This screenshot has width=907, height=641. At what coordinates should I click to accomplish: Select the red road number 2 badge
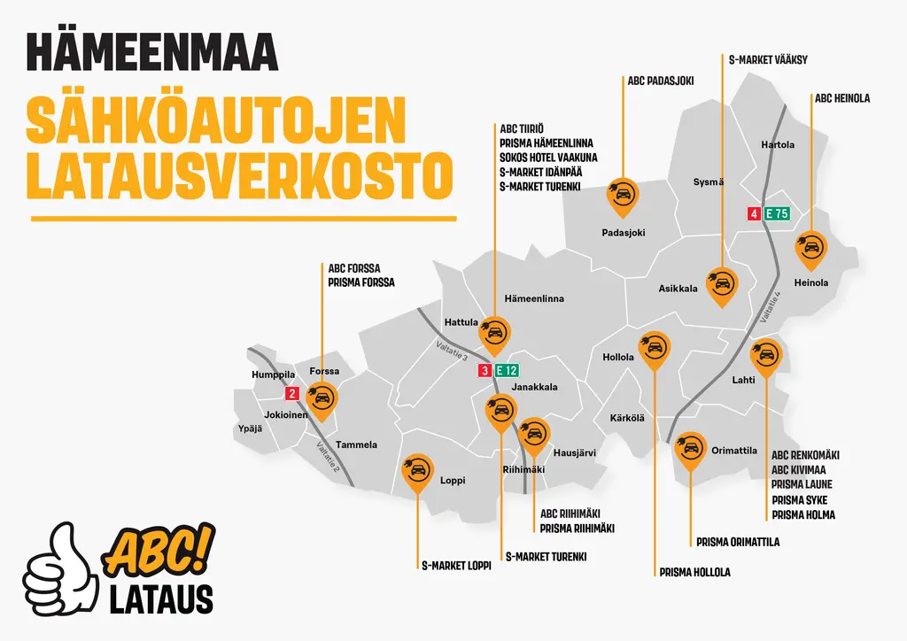tap(291, 394)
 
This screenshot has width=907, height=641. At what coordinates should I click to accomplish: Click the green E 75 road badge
tap(776, 213)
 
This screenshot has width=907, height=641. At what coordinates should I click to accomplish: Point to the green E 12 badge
tap(507, 371)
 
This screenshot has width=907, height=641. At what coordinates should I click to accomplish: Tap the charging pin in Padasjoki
tap(622, 197)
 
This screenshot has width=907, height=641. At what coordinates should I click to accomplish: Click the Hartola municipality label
tap(778, 145)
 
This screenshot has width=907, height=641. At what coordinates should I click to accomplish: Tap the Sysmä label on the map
tap(708, 182)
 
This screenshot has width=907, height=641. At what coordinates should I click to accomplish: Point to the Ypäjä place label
tap(251, 430)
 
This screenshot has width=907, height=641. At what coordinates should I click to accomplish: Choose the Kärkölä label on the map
tap(627, 418)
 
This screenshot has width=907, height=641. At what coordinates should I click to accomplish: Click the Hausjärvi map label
tap(574, 452)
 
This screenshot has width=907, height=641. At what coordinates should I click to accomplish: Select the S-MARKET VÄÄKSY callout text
tap(767, 60)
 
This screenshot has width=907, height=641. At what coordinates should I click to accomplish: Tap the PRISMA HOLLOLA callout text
tap(694, 572)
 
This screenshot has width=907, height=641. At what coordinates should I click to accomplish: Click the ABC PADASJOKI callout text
tap(660, 81)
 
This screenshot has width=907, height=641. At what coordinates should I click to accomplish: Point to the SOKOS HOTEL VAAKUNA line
tap(547, 157)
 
